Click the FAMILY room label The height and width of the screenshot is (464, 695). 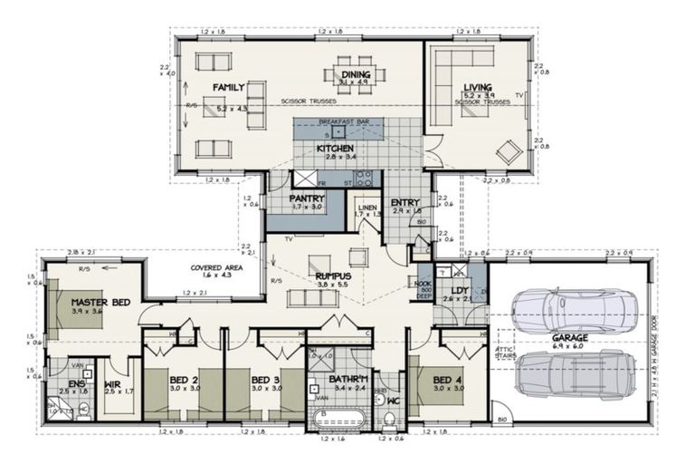(x=230, y=87)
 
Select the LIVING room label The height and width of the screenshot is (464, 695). (x=477, y=88)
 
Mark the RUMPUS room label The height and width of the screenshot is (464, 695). (x=333, y=275)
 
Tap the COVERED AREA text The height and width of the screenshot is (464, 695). (x=214, y=268)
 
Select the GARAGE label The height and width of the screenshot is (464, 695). (x=569, y=337)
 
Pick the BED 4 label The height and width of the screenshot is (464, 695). (x=447, y=379)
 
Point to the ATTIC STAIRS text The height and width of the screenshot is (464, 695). (x=505, y=351)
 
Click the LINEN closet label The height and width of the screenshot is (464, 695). (x=367, y=208)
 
